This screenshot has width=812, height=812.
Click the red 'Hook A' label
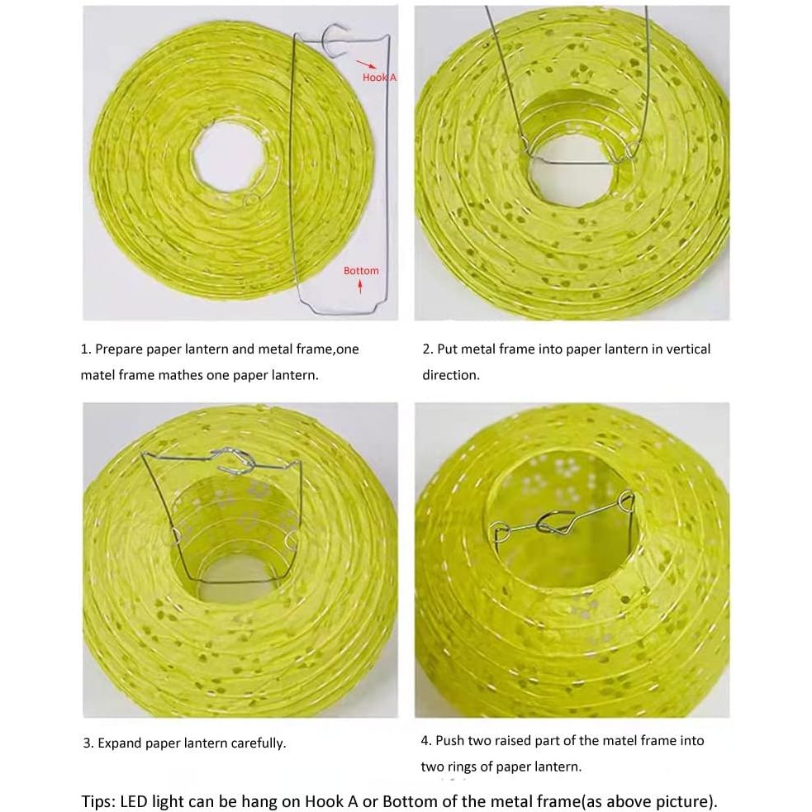[379, 77]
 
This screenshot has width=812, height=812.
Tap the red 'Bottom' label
[361, 270]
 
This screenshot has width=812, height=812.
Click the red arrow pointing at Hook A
[366, 64]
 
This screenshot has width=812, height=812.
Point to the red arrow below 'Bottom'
[360, 285]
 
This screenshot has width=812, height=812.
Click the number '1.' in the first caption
[86, 349]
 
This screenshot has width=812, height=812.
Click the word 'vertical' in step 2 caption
[688, 349]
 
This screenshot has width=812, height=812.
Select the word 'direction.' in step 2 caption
[450, 375]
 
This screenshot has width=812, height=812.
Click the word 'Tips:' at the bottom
[99, 801]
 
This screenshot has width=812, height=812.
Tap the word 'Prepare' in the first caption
[119, 349]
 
